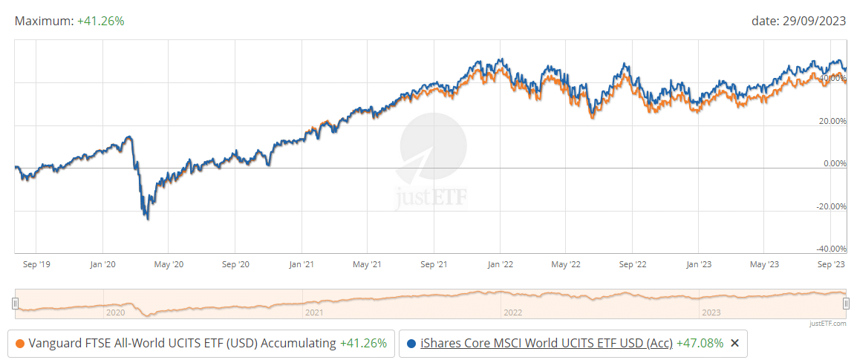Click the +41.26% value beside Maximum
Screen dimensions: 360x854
[x=100, y=21]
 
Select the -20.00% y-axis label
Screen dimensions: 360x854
[x=829, y=206]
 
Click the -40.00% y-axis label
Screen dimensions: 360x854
[x=829, y=249]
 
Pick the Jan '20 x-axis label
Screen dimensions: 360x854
[x=102, y=264]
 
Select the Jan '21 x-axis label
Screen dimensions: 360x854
[x=301, y=264]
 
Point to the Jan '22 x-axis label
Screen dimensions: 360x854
[x=500, y=264]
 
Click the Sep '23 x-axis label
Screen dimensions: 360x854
[x=831, y=264]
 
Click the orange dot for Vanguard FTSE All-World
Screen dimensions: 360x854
[x=20, y=343]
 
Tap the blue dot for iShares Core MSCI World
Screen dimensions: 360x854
[x=411, y=343]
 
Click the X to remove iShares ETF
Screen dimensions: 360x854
[x=734, y=343]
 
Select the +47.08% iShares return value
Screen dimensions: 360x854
[x=700, y=343]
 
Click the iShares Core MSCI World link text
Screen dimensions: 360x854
[x=547, y=343]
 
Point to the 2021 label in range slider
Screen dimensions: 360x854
[x=313, y=312]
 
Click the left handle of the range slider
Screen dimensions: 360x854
[x=15, y=302]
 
